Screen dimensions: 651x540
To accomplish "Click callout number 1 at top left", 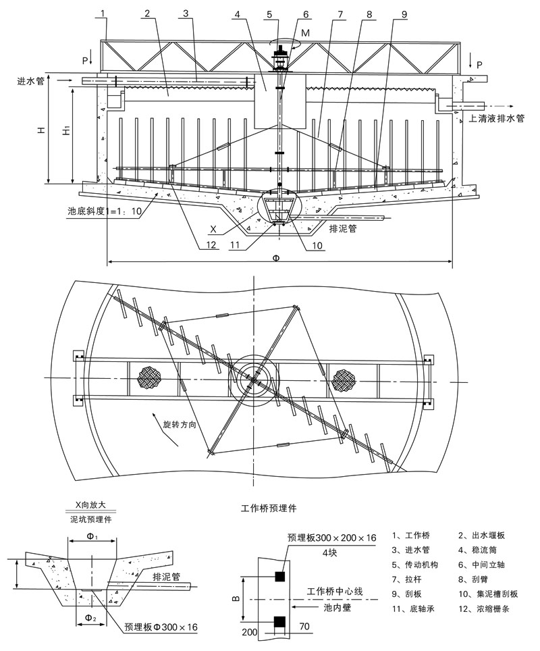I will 103,14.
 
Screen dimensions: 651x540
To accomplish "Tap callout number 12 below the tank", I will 212,246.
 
